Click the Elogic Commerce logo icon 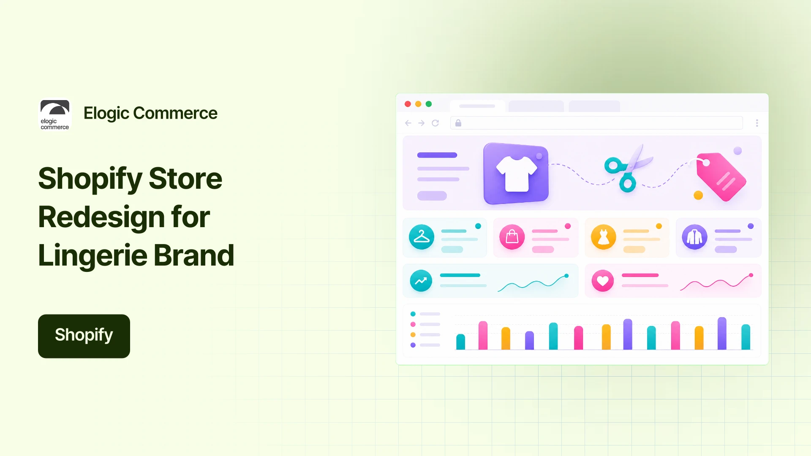55,115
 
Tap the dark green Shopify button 84,336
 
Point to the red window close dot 408,104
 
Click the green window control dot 429,104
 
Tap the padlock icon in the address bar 458,123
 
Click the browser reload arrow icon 435,123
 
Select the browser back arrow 408,123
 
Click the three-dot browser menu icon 757,123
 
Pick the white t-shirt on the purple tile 517,174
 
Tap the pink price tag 721,176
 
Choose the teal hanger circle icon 422,237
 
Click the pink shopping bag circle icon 512,237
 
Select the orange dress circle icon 604,237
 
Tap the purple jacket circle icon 695,237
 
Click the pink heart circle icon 603,281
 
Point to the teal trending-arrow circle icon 421,281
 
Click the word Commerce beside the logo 175,113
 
